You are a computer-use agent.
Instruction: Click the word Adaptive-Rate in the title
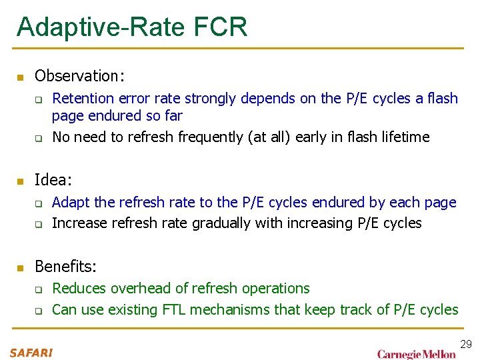(x=99, y=27)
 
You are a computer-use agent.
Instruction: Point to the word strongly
(x=207, y=99)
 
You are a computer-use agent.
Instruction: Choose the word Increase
(x=79, y=223)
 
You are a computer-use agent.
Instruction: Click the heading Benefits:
(x=65, y=267)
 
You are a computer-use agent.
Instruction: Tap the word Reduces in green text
(x=79, y=288)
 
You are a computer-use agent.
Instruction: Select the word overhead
(x=138, y=288)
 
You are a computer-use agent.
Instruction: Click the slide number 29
(x=466, y=344)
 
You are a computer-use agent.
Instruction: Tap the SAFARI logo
(x=31, y=353)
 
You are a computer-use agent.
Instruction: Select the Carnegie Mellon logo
(x=417, y=353)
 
